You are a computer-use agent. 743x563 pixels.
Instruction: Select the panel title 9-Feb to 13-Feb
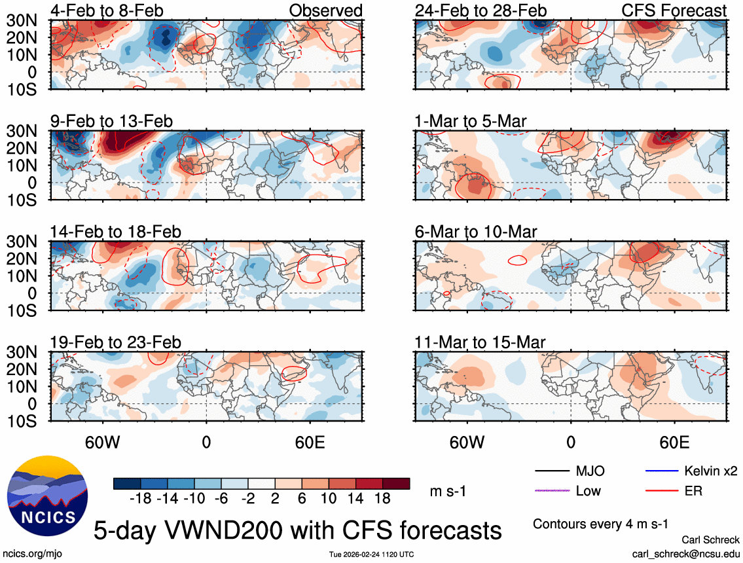111,121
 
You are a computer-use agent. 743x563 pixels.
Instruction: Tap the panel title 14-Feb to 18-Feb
115,232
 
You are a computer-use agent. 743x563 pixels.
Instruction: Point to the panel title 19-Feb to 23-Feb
115,342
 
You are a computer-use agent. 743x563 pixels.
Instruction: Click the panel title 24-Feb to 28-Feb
480,10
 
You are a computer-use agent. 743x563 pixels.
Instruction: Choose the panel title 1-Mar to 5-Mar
470,121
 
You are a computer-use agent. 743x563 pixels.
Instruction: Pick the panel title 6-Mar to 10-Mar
475,232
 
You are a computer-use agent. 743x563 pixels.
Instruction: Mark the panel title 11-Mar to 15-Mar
480,342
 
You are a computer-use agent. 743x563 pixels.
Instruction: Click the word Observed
326,10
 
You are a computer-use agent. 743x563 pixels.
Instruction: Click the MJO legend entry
590,471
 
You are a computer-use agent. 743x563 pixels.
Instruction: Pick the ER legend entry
693,490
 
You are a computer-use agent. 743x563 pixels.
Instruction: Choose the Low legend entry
588,490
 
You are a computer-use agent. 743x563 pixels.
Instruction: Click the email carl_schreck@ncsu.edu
685,553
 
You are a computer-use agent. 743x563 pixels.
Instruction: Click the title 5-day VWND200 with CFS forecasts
298,530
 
